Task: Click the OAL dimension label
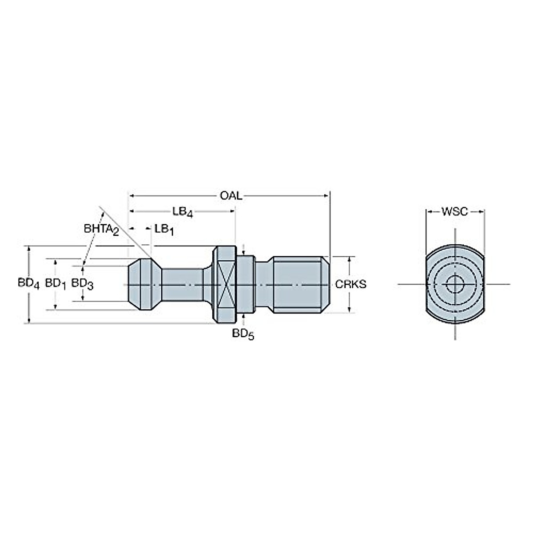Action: pos(231,196)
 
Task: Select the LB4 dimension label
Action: pos(183,212)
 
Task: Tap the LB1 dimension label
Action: pos(164,229)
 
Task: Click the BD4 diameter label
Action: pos(29,283)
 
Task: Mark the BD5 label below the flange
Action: pos(243,334)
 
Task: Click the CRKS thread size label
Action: pos(351,284)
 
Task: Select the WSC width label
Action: pos(455,212)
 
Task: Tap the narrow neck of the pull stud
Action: pos(182,284)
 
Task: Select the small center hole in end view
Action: pos(455,284)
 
